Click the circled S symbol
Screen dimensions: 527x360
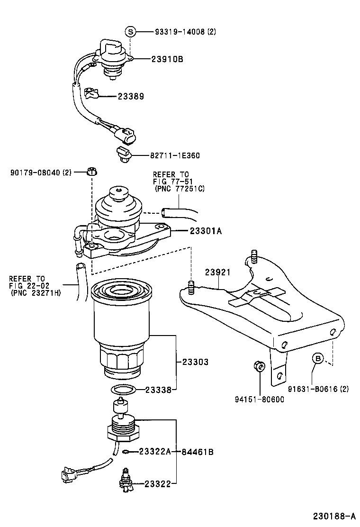[x=131, y=32]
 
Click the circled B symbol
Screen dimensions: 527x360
[x=317, y=358]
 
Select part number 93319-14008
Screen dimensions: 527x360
[x=180, y=32]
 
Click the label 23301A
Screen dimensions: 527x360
[x=206, y=231]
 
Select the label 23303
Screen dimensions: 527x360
[x=196, y=362]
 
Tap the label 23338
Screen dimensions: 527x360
[x=158, y=390]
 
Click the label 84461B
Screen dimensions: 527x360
[x=197, y=452]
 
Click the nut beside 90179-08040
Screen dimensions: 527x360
[x=91, y=172]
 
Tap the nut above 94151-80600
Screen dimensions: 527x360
[x=259, y=366]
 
